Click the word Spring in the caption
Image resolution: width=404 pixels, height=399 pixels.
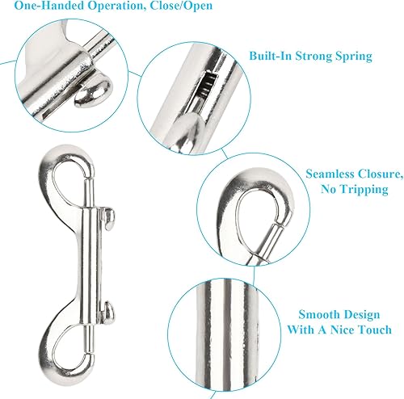click(354, 57)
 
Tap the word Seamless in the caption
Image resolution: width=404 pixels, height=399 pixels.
click(328, 174)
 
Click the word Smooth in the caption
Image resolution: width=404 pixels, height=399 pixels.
click(317, 314)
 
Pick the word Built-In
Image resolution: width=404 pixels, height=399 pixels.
click(271, 56)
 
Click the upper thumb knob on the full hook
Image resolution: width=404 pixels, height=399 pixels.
click(109, 219)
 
